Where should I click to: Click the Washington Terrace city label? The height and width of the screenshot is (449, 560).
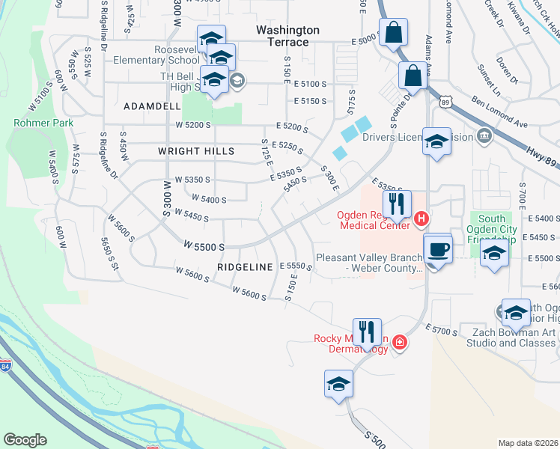(287, 36)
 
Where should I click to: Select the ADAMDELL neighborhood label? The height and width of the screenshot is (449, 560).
(153, 106)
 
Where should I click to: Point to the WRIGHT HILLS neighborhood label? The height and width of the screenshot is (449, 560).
(196, 151)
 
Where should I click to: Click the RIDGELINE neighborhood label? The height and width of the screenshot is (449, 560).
(246, 266)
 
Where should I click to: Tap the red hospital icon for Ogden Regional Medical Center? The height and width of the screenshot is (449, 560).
(421, 219)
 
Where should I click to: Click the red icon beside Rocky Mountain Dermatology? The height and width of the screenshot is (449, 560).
(400, 343)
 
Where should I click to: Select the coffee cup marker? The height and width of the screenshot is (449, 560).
(438, 248)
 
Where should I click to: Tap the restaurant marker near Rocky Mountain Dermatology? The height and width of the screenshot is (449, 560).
(367, 330)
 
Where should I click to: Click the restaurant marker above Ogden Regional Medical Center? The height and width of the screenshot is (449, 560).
(397, 203)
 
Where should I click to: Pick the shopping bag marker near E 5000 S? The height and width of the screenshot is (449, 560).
(393, 32)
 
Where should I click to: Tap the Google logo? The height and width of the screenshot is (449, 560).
(25, 440)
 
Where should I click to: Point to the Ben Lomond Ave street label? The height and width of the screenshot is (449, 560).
(499, 113)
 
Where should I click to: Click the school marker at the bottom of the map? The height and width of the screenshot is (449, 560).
(338, 384)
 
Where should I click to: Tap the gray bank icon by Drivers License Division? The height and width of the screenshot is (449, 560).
(484, 137)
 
